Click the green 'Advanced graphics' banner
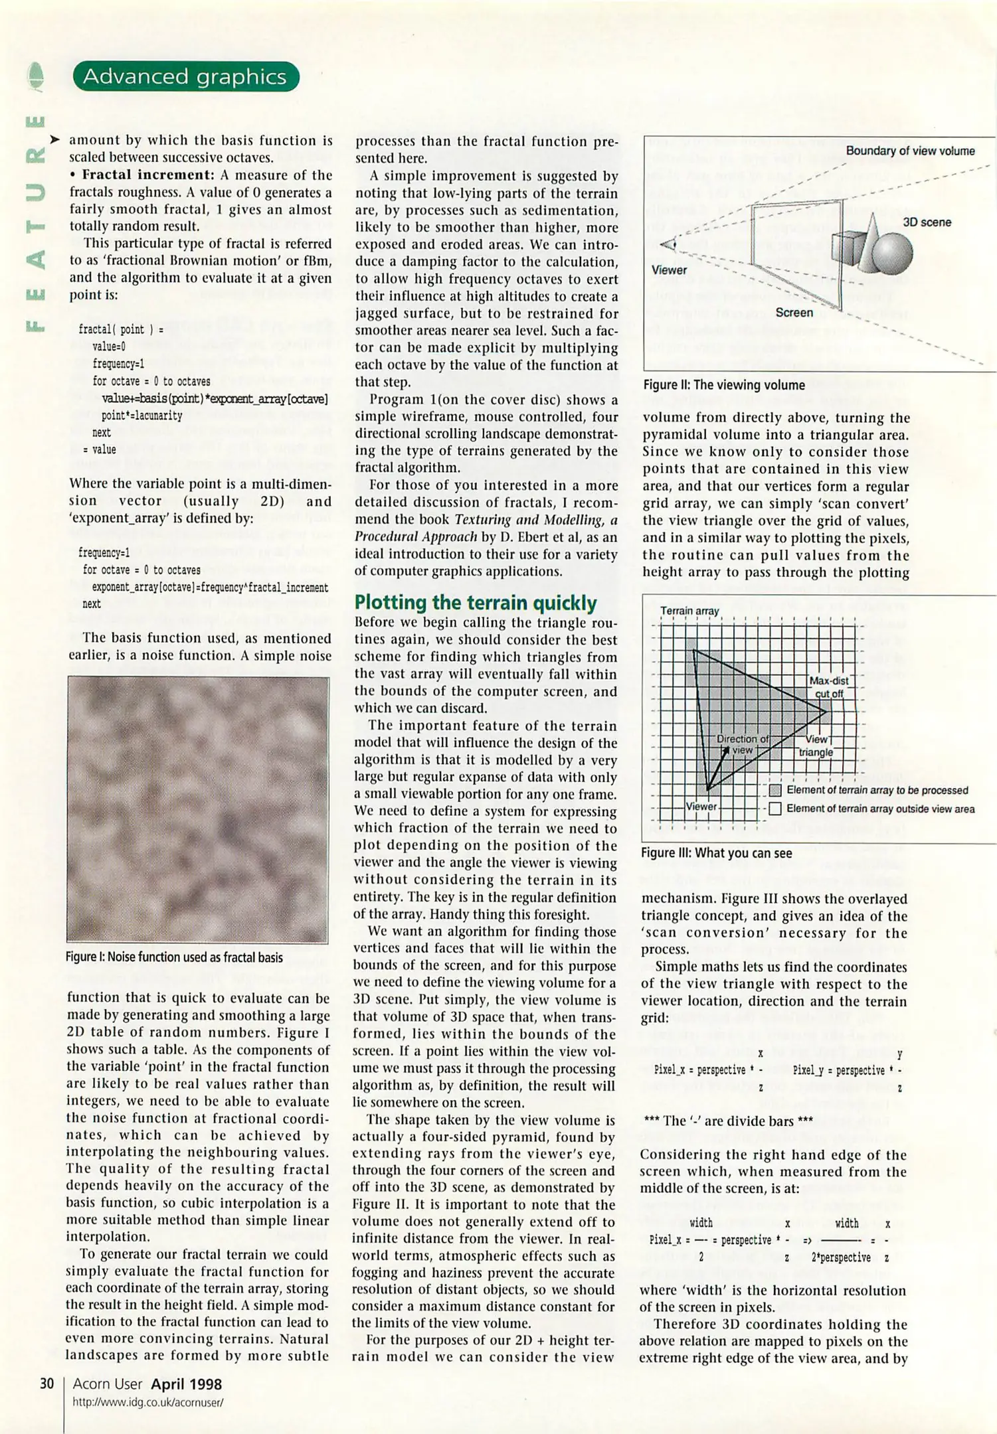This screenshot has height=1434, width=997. click(185, 77)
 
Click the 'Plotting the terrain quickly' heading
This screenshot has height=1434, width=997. click(475, 602)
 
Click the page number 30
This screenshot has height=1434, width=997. click(46, 1384)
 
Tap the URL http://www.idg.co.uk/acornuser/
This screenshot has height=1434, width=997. click(147, 1403)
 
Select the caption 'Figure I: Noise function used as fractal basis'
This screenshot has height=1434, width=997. click(174, 957)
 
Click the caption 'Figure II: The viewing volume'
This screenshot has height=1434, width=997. click(723, 385)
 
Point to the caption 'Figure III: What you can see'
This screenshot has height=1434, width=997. click(716, 853)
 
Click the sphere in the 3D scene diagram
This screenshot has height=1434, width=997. click(892, 253)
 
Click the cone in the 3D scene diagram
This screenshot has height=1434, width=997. click(869, 242)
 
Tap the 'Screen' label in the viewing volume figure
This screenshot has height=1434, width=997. click(794, 313)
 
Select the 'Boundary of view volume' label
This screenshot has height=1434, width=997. click(910, 151)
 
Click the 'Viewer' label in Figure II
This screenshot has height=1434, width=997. click(669, 270)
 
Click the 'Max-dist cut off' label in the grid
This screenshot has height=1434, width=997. click(828, 687)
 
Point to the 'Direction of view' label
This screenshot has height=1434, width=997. click(742, 744)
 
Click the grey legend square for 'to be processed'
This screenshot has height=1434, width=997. click(774, 790)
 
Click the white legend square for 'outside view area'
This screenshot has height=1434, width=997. click(774, 809)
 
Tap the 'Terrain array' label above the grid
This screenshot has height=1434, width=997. click(689, 611)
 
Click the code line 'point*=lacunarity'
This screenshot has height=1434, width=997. click(141, 416)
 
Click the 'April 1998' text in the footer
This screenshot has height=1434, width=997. click(186, 1384)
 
